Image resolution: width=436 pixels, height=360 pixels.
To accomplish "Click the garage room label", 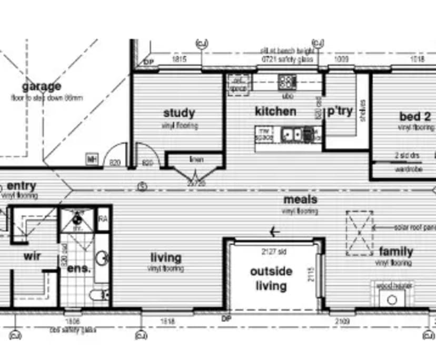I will coord(41,87).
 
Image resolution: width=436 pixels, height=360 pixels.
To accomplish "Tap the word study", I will coord(179,113).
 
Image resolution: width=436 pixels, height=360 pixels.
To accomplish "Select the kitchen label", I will coord(275,112).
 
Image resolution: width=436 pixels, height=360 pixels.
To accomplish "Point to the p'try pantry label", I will coord(340,112).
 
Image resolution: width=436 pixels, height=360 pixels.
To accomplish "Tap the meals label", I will coord(300,199).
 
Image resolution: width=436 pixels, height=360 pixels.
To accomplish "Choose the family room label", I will coord(395,252).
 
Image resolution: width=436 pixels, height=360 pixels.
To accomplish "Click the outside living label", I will coord(271,279).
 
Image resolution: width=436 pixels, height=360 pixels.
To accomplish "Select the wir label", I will coord(32,256).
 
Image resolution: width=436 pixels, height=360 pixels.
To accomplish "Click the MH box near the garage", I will coord(93,159).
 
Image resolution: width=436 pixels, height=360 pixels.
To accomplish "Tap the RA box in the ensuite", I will coord(103,219).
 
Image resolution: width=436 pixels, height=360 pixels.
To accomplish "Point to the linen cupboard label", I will coord(196,159).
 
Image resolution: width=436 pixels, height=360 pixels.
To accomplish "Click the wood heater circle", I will coord(392,300).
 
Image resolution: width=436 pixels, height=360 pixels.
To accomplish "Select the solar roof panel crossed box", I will coord(359,232).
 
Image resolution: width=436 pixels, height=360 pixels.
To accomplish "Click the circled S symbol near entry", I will coord(142,186).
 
